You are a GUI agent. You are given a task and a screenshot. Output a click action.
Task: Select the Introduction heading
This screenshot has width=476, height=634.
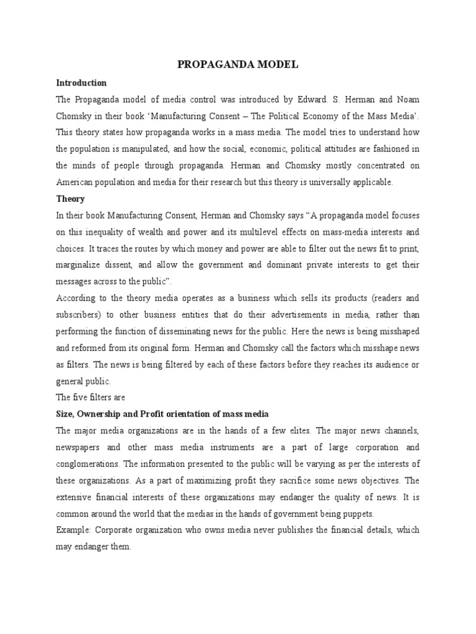pyautogui.click(x=81, y=83)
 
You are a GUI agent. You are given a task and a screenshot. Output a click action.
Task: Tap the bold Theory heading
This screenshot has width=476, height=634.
pyautogui.click(x=70, y=199)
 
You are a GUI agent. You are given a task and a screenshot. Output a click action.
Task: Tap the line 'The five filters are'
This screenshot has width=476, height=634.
pyautogui.click(x=91, y=397)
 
